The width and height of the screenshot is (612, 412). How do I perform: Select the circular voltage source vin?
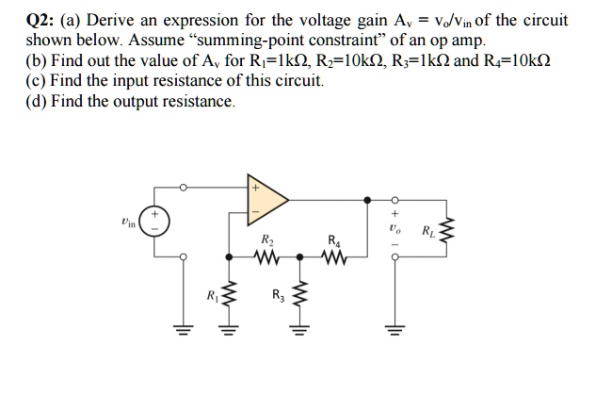point(155,223)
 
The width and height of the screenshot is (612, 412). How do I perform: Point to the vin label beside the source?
point(128,223)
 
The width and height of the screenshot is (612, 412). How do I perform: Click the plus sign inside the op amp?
point(254,189)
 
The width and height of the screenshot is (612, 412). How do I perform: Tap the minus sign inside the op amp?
point(254,214)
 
